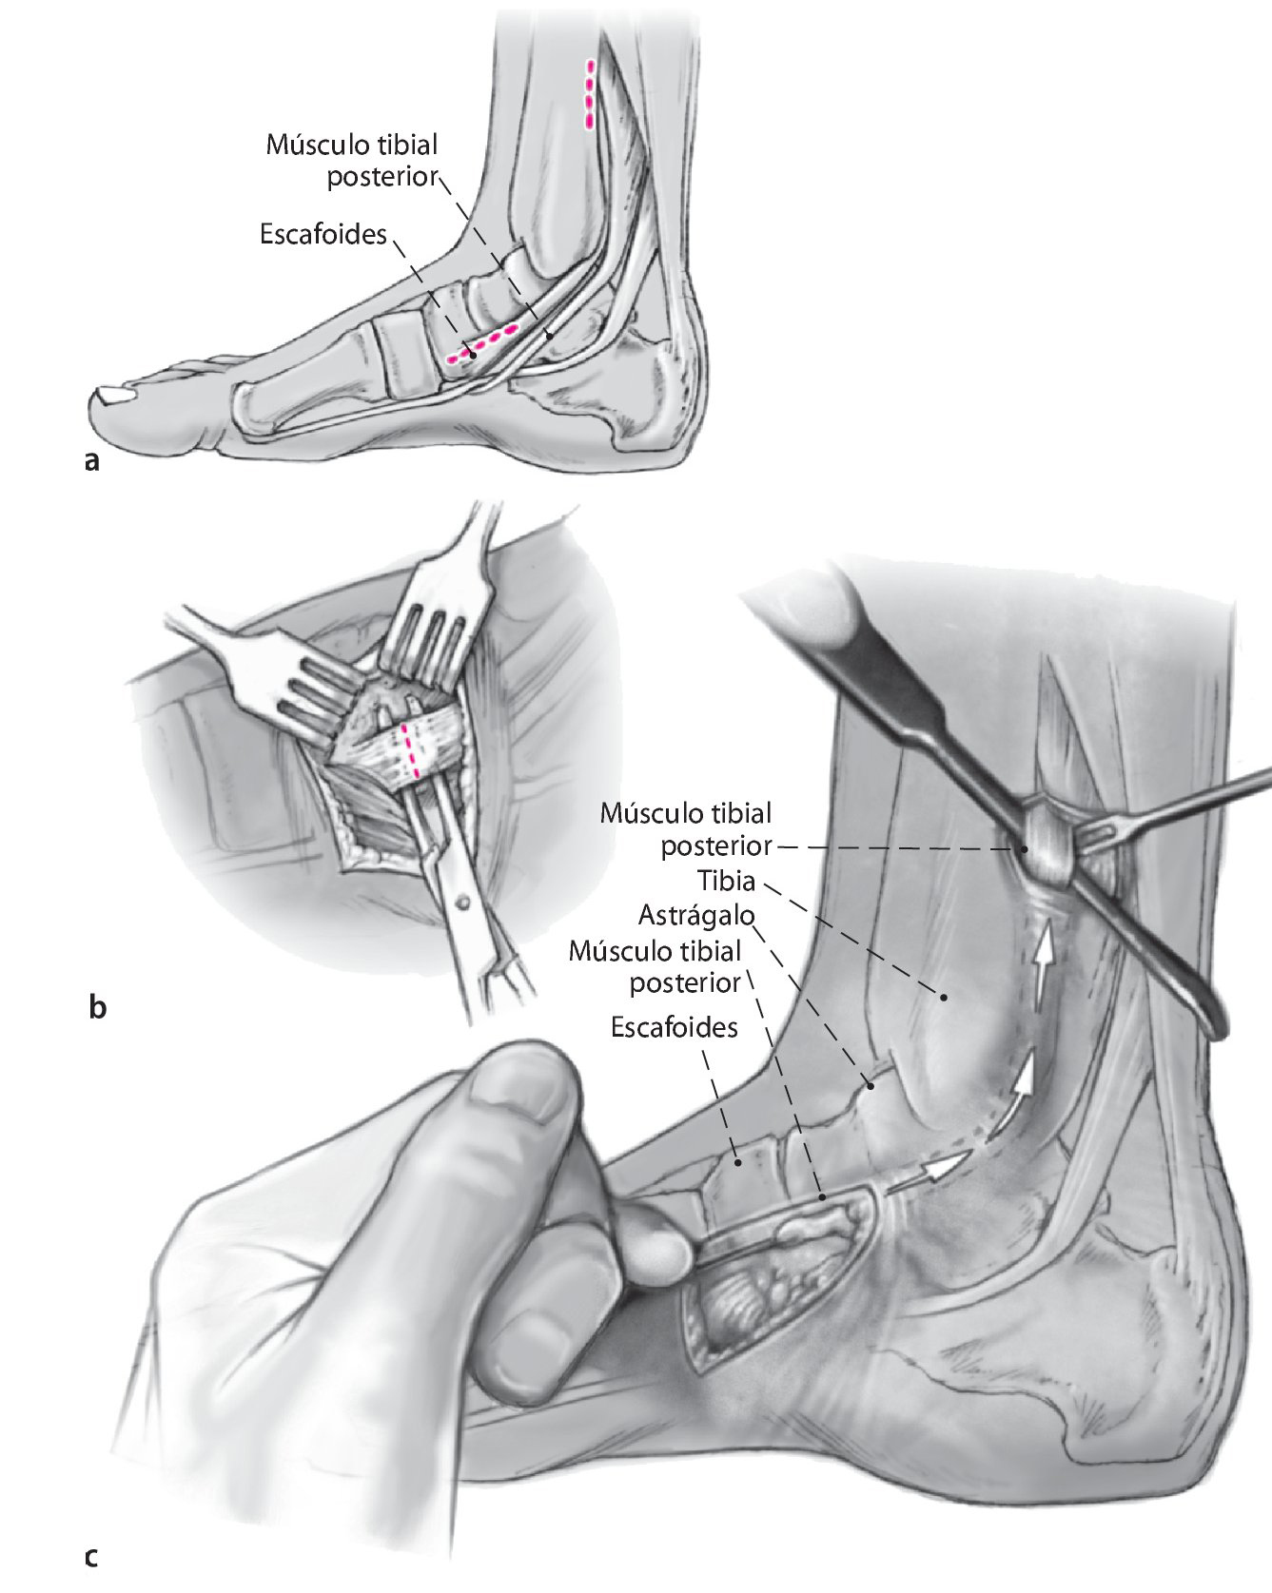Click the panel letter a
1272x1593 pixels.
tap(91, 462)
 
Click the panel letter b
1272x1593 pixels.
tap(96, 1008)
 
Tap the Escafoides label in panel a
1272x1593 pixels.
tap(323, 234)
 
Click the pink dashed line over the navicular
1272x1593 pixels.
tap(483, 342)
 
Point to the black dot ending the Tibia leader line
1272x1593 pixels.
tap(945, 997)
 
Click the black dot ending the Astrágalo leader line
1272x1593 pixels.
tap(868, 1082)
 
